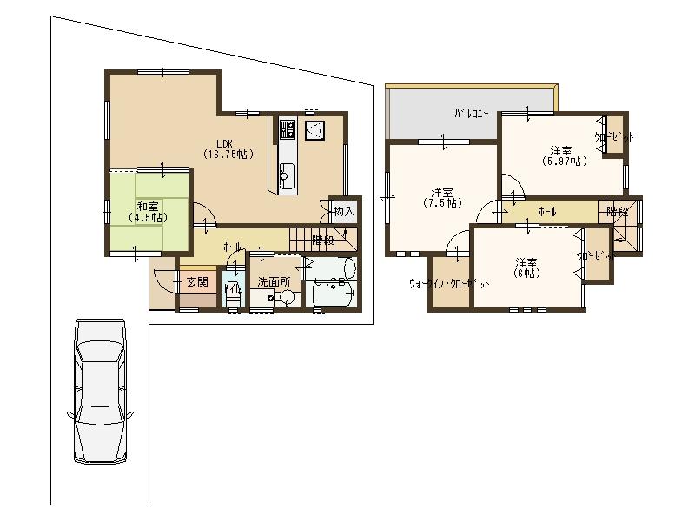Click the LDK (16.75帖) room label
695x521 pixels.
tap(228, 148)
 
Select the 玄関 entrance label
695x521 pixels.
tap(196, 281)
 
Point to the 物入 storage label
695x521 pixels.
tap(344, 211)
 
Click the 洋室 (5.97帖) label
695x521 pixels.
tap(564, 155)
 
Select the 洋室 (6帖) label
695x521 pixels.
tap(525, 267)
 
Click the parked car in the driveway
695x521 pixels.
tap(99, 391)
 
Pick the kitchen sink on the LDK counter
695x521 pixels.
tap(287, 173)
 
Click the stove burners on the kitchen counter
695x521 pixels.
tap(288, 130)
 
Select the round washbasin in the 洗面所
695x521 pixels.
tap(287, 297)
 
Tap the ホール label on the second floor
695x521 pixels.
tap(547, 212)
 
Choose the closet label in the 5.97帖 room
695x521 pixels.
tap(613, 137)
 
